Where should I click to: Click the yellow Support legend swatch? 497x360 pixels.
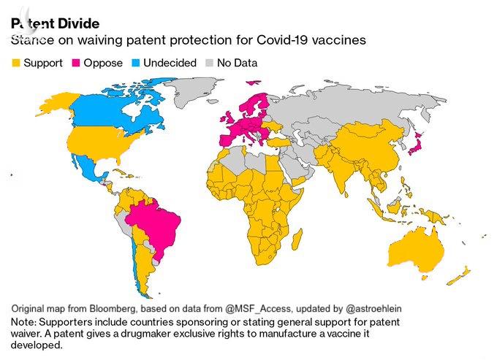[15, 64]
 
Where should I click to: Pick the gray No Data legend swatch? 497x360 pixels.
[212, 64]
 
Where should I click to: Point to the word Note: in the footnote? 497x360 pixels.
[25, 321]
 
